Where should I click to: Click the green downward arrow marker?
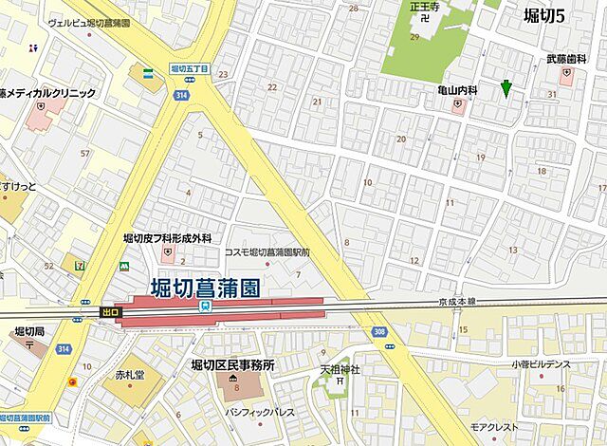(x=506, y=88)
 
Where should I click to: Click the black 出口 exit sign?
(x=111, y=310)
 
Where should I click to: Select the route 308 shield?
(x=378, y=330)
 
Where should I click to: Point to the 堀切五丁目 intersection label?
(x=189, y=69)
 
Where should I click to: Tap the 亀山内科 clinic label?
(x=457, y=89)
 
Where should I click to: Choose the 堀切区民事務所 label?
(x=232, y=365)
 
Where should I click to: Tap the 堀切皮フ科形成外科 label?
(x=168, y=239)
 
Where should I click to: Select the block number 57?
(x=85, y=153)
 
